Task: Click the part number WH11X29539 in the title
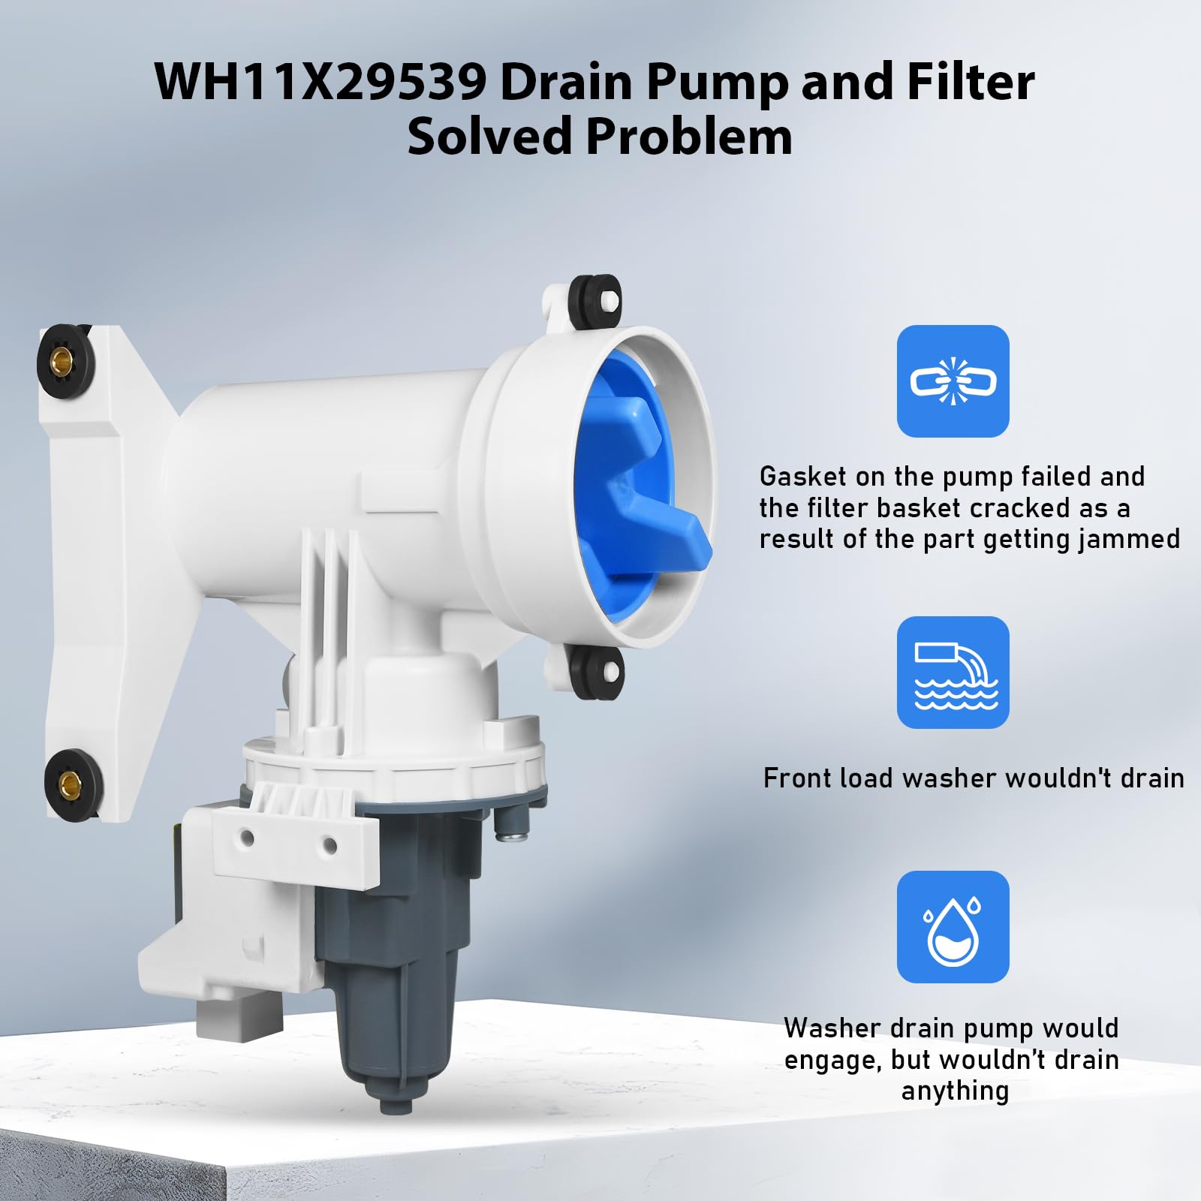pos(321,82)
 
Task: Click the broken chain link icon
pos(953,381)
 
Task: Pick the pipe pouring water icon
pos(953,673)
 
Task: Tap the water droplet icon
pos(953,927)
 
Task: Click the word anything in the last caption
pos(955,1091)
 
